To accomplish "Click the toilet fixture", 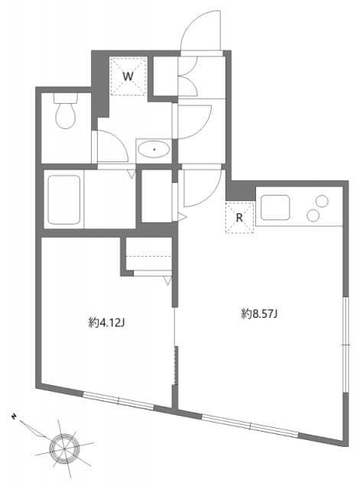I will (x=65, y=115).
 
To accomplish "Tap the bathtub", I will (x=63, y=200).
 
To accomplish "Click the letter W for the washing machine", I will (x=128, y=76).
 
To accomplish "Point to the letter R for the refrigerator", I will (x=239, y=216).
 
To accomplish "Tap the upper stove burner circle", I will (x=322, y=202).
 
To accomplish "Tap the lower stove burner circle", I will (x=313, y=216).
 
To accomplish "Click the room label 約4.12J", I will (x=106, y=322).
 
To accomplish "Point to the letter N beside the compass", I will (x=14, y=416).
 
